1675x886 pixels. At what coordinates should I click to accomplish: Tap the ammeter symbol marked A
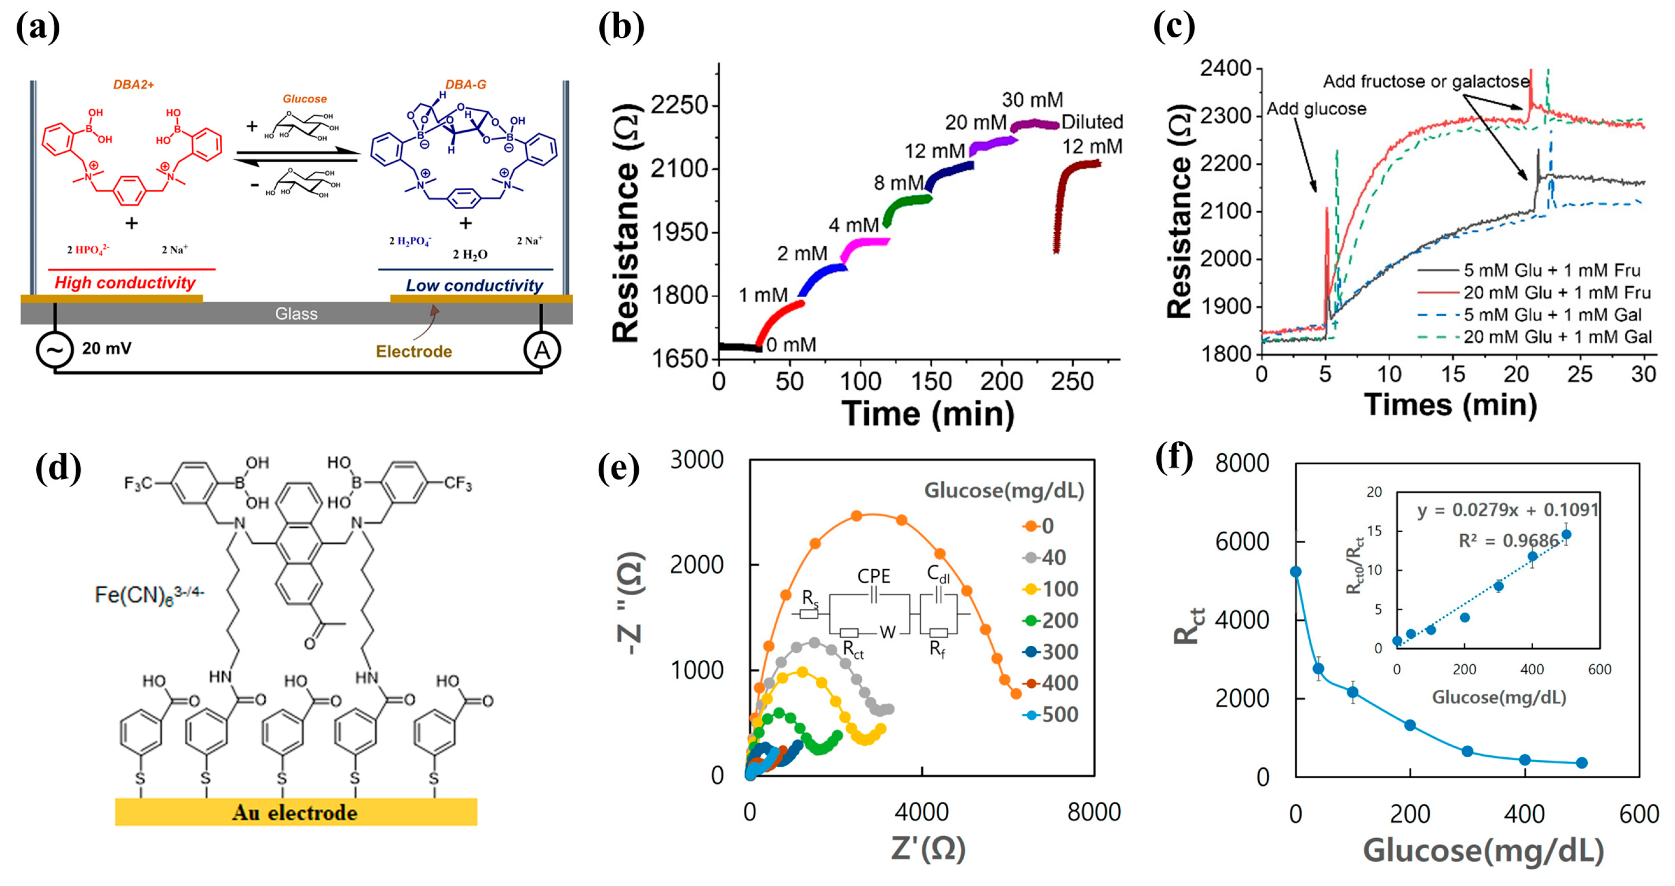point(542,351)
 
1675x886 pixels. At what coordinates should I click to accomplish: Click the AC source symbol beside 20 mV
point(55,350)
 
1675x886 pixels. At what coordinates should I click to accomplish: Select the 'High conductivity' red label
point(125,283)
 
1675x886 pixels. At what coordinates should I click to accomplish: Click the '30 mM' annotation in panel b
point(1032,100)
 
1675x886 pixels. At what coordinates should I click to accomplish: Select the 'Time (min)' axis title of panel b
point(928,413)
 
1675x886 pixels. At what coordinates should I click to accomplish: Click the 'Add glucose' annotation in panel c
point(1316,109)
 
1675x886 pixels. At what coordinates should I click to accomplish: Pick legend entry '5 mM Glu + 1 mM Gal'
point(1552,315)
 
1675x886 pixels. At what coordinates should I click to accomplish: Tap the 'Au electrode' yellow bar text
point(295,812)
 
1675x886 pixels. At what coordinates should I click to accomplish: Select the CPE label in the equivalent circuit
point(873,576)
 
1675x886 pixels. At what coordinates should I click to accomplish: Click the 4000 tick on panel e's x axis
point(921,812)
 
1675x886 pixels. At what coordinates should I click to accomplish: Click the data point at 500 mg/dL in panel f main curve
point(1582,763)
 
